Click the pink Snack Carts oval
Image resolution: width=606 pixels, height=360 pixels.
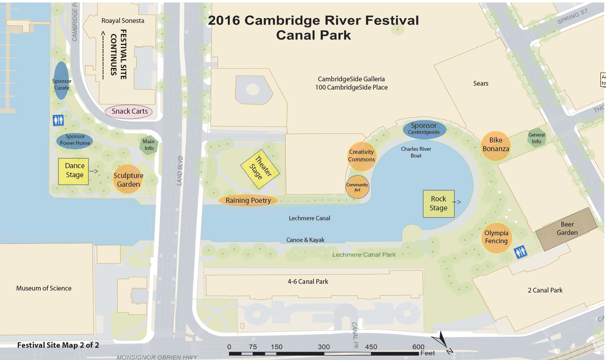[x=129, y=112]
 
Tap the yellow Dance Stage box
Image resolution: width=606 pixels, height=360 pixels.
[x=73, y=171]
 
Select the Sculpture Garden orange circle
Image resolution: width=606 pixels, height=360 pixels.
[x=128, y=180]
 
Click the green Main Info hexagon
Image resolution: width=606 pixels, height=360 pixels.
[x=149, y=145]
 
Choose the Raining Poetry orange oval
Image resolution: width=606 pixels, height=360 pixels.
[x=248, y=201]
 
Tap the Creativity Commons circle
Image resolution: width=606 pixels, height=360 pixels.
[x=361, y=156]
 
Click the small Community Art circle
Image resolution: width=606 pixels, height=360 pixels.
[x=357, y=187]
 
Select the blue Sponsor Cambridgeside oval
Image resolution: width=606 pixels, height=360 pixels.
[x=424, y=129]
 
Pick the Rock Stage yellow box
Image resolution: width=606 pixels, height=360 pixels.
[x=439, y=204]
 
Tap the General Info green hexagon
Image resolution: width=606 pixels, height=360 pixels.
[x=537, y=139]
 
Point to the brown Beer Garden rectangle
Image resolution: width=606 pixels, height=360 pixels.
[x=567, y=229]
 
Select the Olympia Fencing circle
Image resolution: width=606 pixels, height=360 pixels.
[x=496, y=238]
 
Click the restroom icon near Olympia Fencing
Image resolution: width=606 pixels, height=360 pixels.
[x=520, y=251]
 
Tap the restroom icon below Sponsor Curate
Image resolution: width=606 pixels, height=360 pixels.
[x=58, y=120]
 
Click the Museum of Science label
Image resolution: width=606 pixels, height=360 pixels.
[x=44, y=289]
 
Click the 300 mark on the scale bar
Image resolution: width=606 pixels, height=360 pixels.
[x=324, y=347]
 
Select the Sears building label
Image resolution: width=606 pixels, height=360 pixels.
[x=480, y=84]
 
